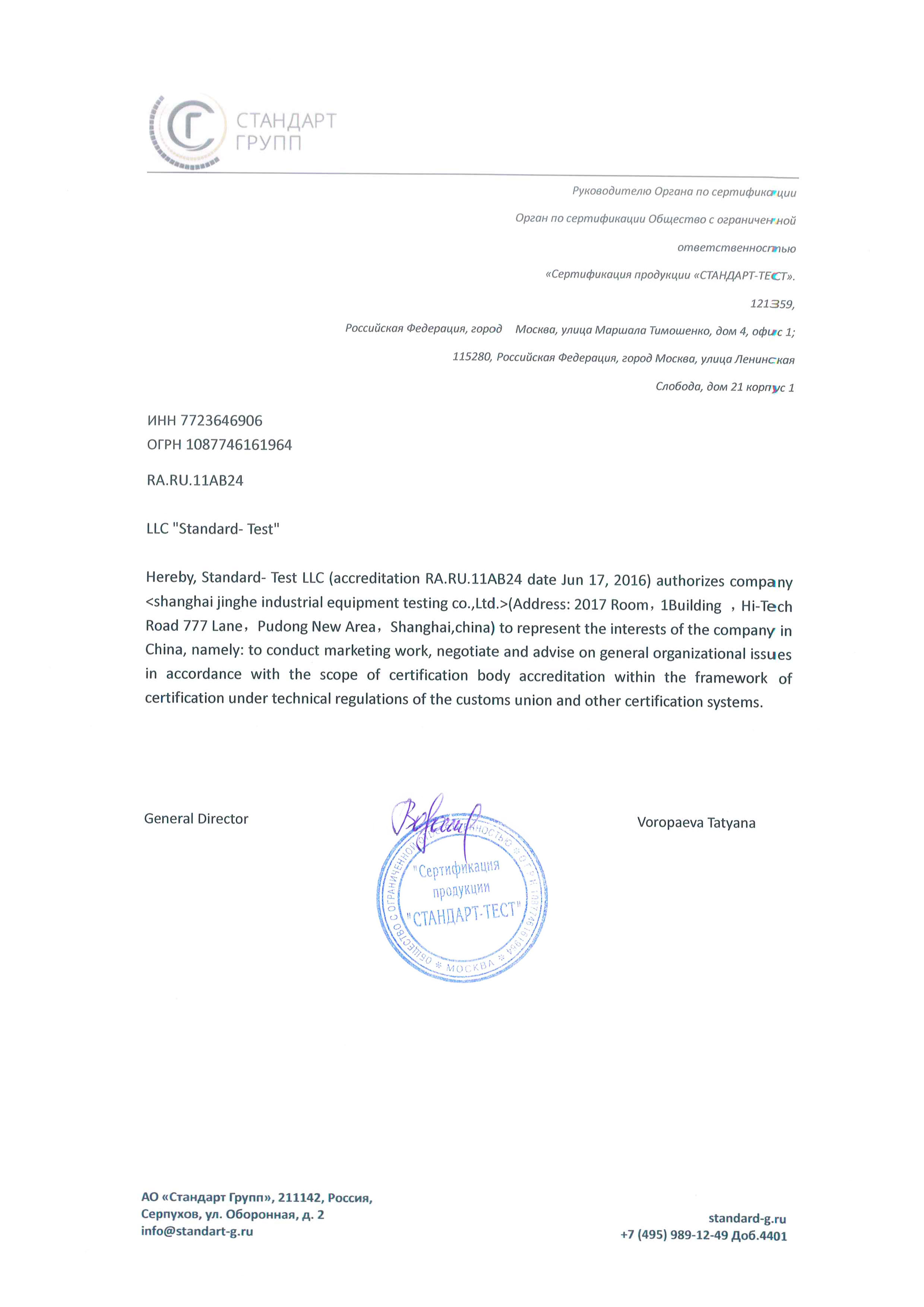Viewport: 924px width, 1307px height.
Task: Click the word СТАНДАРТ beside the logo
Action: click(286, 121)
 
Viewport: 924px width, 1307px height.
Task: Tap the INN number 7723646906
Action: click(221, 421)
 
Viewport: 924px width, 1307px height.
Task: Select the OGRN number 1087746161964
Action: click(238, 445)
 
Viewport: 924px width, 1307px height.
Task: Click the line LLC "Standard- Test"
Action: click(213, 529)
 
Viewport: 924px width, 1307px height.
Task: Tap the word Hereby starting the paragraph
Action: click(171, 577)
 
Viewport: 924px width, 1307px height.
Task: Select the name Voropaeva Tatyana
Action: click(696, 823)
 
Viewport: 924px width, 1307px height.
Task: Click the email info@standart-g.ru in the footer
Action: click(197, 1231)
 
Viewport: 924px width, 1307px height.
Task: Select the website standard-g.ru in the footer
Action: click(747, 1219)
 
